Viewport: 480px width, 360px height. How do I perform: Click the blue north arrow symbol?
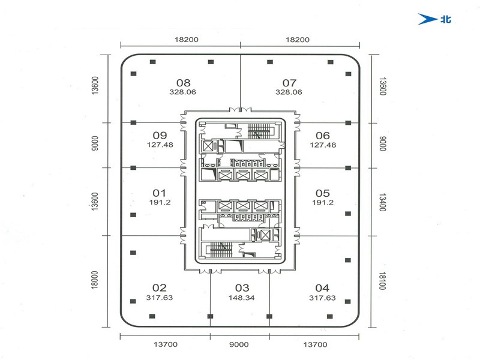[x=427, y=19]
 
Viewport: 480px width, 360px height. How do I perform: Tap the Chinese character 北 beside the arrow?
[x=446, y=19]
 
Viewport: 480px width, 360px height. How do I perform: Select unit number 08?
[x=184, y=83]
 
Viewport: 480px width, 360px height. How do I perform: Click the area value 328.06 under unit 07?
[x=289, y=92]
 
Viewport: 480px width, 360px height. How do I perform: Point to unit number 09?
[x=160, y=136]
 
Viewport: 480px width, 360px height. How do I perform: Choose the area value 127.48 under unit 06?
[x=323, y=145]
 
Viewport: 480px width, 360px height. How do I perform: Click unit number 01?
[x=159, y=193]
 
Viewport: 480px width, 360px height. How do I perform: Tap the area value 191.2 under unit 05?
[x=323, y=202]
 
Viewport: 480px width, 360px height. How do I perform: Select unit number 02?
[x=160, y=288]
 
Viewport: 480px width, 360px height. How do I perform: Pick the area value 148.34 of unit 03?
[x=242, y=298]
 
